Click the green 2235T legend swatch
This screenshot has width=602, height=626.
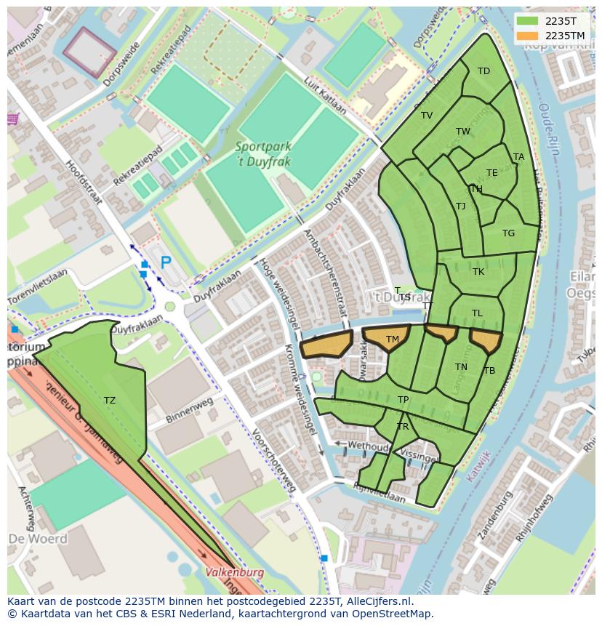(529, 21)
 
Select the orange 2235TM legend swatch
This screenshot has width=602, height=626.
(529, 36)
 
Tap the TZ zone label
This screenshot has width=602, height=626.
(109, 400)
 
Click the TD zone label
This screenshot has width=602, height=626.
(483, 71)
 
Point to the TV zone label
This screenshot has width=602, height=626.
(426, 116)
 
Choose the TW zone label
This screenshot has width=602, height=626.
(462, 132)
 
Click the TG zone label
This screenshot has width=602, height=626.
(508, 233)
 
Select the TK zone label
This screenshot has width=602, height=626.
(478, 272)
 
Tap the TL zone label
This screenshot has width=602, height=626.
(477, 313)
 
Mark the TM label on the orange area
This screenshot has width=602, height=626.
(392, 340)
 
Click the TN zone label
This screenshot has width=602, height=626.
(461, 367)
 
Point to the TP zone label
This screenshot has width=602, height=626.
(403, 400)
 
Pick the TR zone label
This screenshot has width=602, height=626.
(403, 427)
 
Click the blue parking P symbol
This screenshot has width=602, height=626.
(166, 262)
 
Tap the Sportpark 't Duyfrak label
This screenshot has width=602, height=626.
(262, 153)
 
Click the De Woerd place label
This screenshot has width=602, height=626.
(38, 539)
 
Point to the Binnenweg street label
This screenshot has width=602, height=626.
(188, 409)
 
